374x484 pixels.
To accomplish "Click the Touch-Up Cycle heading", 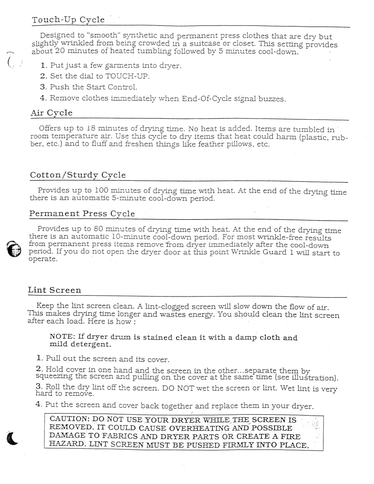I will pos(68,20).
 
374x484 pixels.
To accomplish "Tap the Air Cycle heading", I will pos(51,113).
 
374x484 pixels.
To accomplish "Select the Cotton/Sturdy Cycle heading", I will pos(78,175).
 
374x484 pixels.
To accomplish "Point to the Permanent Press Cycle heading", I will pos(82,214).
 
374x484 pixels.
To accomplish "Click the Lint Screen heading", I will pos(54,290).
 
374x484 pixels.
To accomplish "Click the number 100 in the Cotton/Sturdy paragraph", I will pos(101,190).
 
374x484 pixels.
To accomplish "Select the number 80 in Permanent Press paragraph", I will pos(98,229).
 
